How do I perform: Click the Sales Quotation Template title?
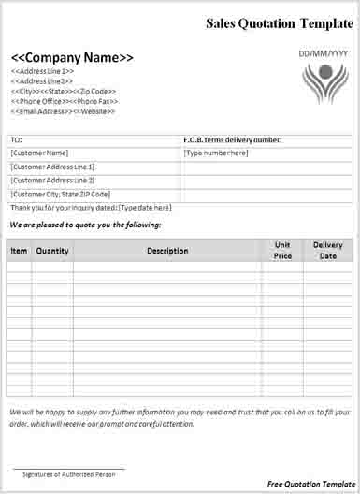(x=280, y=22)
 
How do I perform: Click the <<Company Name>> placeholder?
(x=72, y=56)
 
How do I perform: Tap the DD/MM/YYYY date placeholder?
(x=323, y=53)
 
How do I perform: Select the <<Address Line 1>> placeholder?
(x=43, y=71)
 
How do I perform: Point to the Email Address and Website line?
(x=64, y=112)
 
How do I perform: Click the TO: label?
(x=17, y=140)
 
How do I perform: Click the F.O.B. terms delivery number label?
(x=233, y=140)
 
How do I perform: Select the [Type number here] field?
(x=216, y=153)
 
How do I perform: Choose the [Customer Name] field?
(x=39, y=153)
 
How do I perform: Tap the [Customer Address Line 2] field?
(x=52, y=180)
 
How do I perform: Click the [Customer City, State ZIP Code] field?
(x=60, y=194)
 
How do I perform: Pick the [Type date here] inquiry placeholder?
(x=145, y=207)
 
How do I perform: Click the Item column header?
(x=19, y=251)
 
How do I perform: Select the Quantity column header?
(x=52, y=251)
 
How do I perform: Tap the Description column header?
(x=167, y=251)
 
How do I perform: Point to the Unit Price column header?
(x=282, y=250)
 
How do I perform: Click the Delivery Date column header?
(x=327, y=250)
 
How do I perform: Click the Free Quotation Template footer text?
(x=305, y=482)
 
